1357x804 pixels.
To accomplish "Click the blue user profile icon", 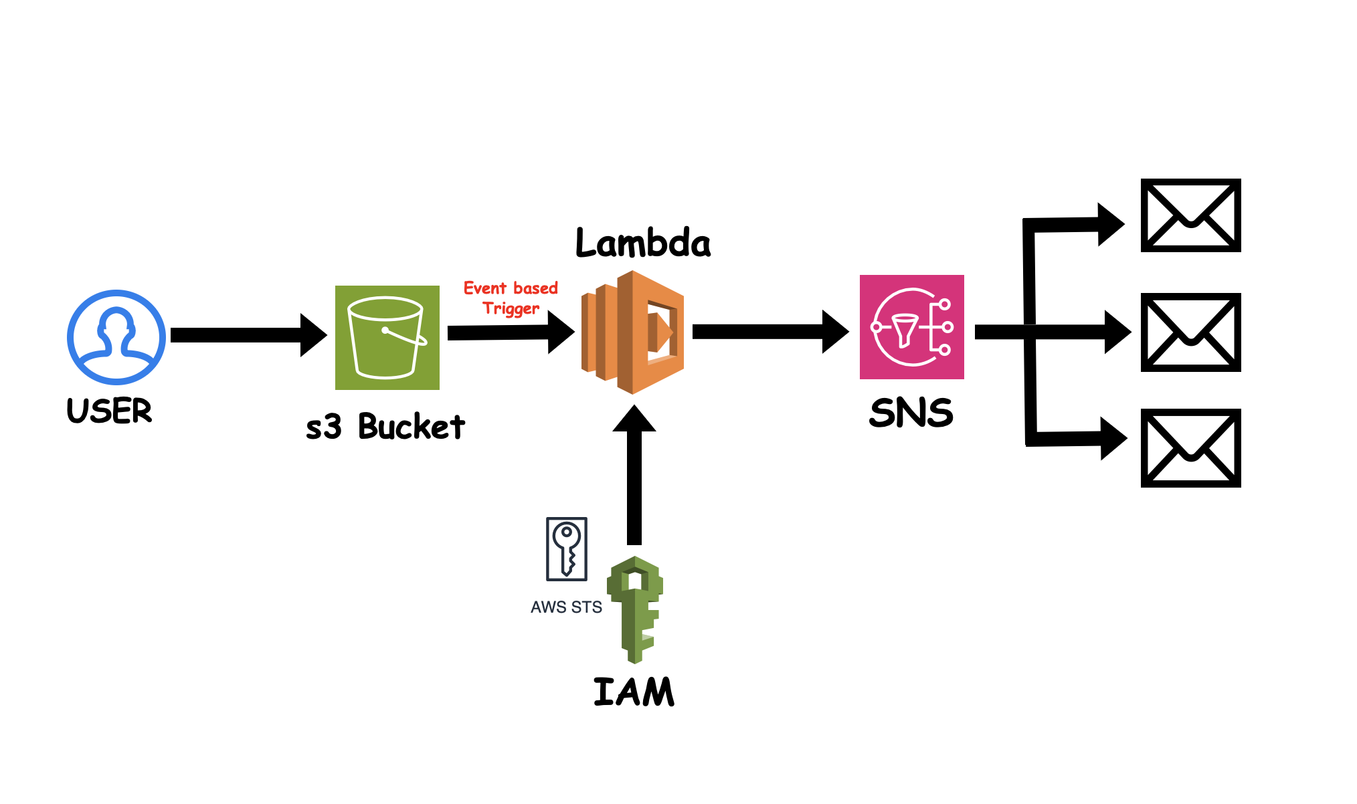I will [116, 337].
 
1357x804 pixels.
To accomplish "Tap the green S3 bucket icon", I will [387, 337].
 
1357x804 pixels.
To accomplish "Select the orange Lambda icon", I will [632, 332].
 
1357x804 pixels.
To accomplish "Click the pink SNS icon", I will [911, 327].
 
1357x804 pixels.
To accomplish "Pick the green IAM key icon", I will [635, 608].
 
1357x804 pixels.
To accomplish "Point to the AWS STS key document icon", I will [567, 548].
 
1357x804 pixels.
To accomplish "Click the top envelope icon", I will [1190, 215].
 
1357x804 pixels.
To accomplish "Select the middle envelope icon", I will [1190, 332].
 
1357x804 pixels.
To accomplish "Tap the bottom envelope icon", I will [1190, 448].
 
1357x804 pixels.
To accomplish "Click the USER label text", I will [110, 411].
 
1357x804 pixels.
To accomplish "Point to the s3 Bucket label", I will [385, 427].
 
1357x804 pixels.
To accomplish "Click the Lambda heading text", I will [643, 243].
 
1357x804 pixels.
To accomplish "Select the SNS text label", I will [911, 413].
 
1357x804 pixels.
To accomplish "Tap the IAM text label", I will [634, 692].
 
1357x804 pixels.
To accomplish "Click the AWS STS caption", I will [566, 607].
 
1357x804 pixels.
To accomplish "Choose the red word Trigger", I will [511, 308].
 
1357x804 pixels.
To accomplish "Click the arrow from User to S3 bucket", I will [248, 335].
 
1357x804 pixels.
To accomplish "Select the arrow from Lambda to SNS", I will [770, 332].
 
